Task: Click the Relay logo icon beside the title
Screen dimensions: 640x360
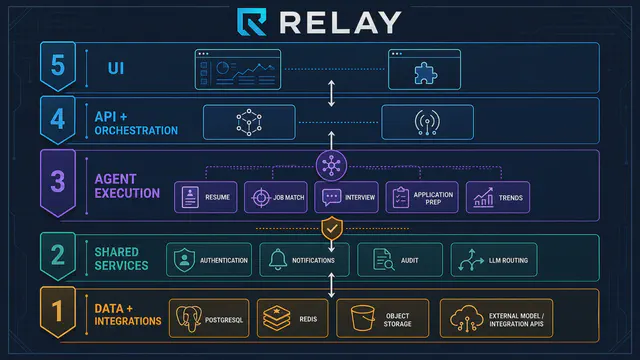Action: pyautogui.click(x=252, y=22)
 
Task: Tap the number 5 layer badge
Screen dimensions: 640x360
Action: pyautogui.click(x=58, y=66)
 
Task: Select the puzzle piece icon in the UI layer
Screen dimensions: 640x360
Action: pyautogui.click(x=425, y=73)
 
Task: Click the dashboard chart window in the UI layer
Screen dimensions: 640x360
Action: pyautogui.click(x=238, y=69)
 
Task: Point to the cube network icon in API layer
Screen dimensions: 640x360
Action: pyautogui.click(x=249, y=122)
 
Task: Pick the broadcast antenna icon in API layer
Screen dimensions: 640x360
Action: pyautogui.click(x=427, y=122)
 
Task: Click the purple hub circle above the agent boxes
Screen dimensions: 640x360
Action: pyautogui.click(x=331, y=165)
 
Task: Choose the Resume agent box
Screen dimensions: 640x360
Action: pyautogui.click(x=206, y=197)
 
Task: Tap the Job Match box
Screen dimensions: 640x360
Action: pyautogui.click(x=276, y=197)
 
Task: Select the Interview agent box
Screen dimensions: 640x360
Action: pyautogui.click(x=347, y=198)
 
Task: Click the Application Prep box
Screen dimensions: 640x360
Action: pyautogui.click(x=422, y=198)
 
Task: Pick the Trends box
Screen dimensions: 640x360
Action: pyautogui.click(x=498, y=198)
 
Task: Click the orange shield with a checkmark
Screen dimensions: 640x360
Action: pyautogui.click(x=332, y=228)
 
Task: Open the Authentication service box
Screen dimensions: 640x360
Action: pyautogui.click(x=209, y=260)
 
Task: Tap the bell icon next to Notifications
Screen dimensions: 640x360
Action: pyautogui.click(x=278, y=260)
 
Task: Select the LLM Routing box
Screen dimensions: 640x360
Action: pyautogui.click(x=494, y=260)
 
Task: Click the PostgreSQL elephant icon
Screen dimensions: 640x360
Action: pyautogui.click(x=189, y=318)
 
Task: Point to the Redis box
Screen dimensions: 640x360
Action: pyautogui.click(x=293, y=318)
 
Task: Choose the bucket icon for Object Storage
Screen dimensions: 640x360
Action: pyautogui.click(x=362, y=318)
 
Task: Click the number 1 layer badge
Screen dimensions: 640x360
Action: pyautogui.click(x=58, y=311)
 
